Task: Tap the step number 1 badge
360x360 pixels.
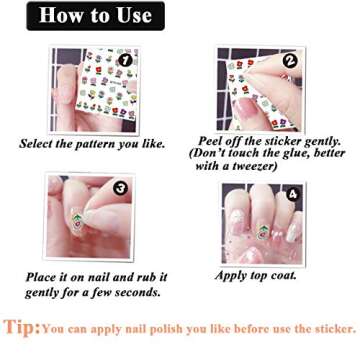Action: coord(126,60)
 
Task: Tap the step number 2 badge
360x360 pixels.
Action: coord(290,60)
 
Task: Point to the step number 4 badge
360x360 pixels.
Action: coord(292,194)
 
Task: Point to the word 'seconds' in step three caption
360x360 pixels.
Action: coord(134,292)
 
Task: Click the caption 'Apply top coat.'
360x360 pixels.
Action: coord(258,276)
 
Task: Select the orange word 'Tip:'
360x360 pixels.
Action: coord(22,327)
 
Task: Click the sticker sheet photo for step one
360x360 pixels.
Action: coord(95,90)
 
